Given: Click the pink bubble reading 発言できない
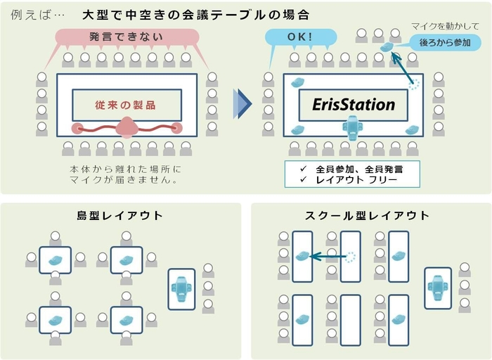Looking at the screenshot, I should pos(127,37).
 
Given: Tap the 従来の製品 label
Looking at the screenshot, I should pos(126,105).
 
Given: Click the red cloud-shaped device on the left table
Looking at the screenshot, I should pos(127,127).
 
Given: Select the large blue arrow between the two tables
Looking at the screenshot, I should pos(242,105).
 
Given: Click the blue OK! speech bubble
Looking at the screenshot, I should pos(298,37).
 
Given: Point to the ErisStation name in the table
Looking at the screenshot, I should pos(354,105).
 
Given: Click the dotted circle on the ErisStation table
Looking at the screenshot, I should pos(413,84).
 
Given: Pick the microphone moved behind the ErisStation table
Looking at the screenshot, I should pos(387,47).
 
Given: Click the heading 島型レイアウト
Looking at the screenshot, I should pos(119,215).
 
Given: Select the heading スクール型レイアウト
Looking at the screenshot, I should pos(367,215).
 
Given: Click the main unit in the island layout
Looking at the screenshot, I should pos(181,288).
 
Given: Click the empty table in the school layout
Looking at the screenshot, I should pos(349,319).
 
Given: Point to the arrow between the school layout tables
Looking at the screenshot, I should pos(328,257).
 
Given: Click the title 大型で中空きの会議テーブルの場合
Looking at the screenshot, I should pos(197,13).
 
